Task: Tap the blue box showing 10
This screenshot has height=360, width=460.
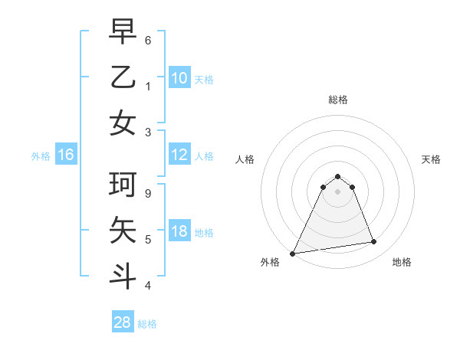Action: (179, 78)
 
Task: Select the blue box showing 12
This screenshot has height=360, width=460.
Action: (179, 155)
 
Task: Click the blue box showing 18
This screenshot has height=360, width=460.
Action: (179, 232)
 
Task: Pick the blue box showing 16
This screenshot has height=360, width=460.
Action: (65, 155)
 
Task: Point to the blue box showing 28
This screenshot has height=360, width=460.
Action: (123, 323)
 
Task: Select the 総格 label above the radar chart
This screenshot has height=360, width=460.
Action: (337, 100)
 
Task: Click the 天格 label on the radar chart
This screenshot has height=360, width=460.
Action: (431, 159)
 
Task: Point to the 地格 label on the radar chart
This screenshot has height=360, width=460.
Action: (402, 262)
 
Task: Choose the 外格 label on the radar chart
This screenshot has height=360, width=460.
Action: (270, 262)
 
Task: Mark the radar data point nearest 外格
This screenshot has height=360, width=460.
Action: (293, 253)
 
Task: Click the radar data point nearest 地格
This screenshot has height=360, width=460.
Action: (374, 242)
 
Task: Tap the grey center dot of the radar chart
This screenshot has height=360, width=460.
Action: (337, 191)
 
